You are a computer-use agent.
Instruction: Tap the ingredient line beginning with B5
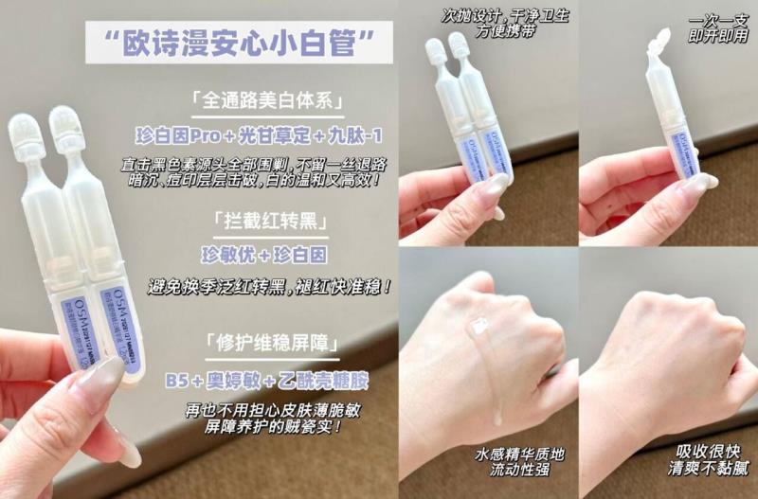(x=265, y=379)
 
